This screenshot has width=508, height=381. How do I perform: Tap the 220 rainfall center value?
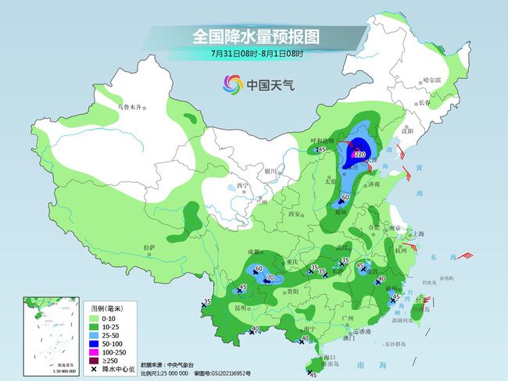360,155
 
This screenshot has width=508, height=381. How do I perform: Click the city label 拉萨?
149,247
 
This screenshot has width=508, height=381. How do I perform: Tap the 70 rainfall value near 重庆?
270,277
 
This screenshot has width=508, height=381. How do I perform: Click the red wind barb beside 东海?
465,255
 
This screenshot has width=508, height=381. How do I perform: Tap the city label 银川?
271,169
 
